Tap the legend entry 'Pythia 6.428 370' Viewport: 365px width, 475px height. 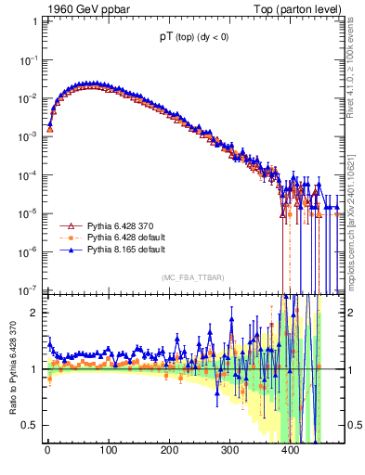[120, 225]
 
